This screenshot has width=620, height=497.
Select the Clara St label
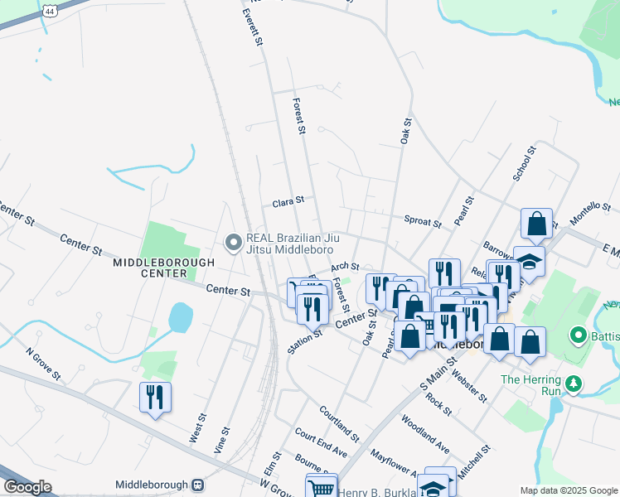(x=288, y=200)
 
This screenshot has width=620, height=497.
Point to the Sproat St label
(x=422, y=220)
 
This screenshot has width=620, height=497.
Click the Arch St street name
(x=344, y=268)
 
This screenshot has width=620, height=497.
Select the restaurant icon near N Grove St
(x=155, y=398)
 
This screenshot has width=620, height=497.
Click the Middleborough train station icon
(x=197, y=485)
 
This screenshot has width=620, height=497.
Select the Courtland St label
(x=339, y=423)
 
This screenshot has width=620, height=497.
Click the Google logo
(x=27, y=486)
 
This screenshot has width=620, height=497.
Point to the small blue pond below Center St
(x=179, y=317)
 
